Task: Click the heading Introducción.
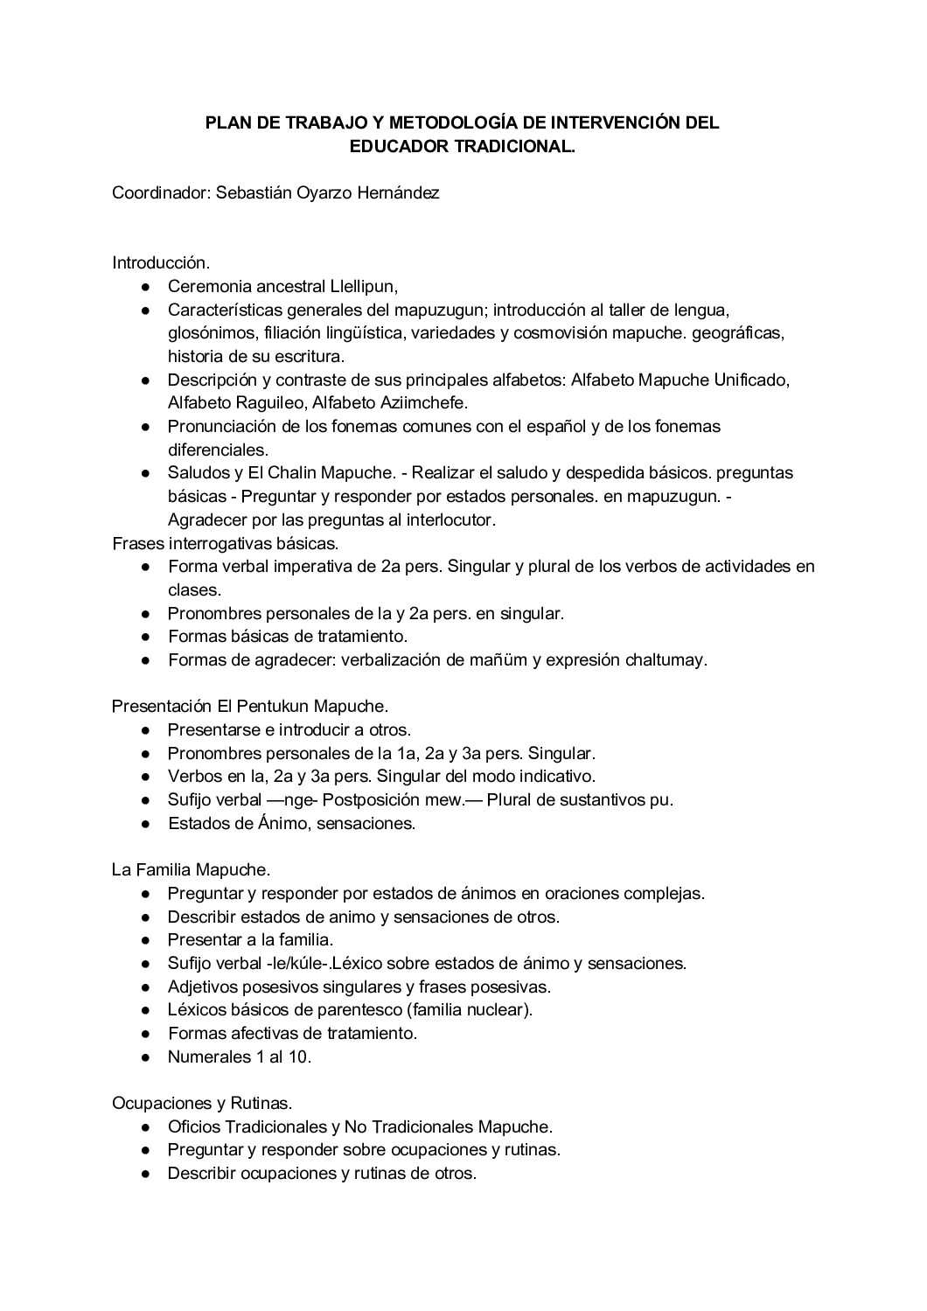pyautogui.click(x=160, y=262)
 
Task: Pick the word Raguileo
pyautogui.click(x=276, y=403)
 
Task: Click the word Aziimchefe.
pyautogui.click(x=424, y=403)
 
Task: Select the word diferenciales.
pyautogui.click(x=218, y=450)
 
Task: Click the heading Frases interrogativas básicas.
pyautogui.click(x=225, y=543)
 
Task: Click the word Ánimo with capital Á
pyautogui.click(x=278, y=823)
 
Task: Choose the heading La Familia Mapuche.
pyautogui.click(x=191, y=870)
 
